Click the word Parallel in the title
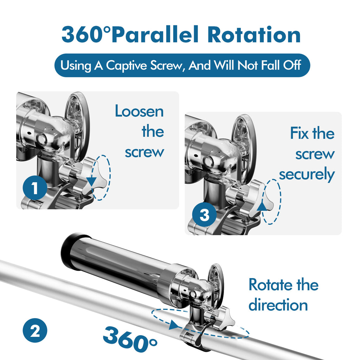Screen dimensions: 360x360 point(157,35)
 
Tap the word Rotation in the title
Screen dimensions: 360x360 point(254,35)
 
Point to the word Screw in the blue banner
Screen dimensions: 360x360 point(168,65)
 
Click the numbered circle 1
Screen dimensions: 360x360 point(35,188)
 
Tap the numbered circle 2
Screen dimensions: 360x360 point(35,331)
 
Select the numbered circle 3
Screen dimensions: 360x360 point(204,215)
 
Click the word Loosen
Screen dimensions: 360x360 point(139,112)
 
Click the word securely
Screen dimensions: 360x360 point(307,175)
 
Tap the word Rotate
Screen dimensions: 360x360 point(270,285)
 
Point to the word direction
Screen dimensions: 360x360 point(278,305)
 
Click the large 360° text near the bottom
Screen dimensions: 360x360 point(130,337)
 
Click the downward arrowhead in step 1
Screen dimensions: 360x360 point(91,181)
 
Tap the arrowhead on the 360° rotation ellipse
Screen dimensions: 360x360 point(173,326)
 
